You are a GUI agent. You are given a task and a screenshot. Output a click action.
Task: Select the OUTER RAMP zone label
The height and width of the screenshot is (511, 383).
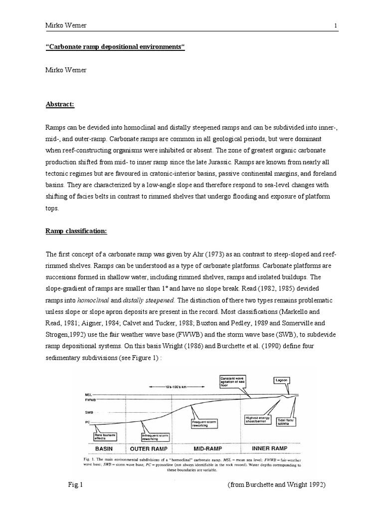coord(148,448)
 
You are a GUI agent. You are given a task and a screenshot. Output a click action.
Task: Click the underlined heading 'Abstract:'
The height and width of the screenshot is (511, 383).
coord(60,104)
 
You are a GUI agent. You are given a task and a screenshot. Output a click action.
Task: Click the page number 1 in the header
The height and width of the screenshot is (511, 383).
coord(336,25)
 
